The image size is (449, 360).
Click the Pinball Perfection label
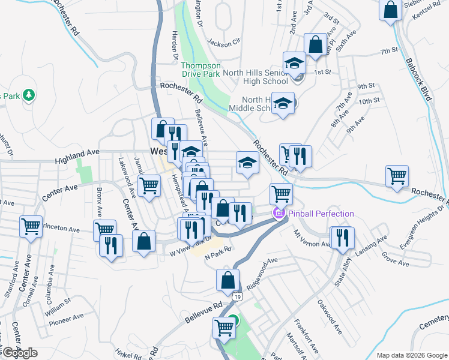click(x=321, y=214)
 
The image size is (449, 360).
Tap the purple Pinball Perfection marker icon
click(x=279, y=214)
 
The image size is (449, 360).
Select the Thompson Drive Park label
click(x=200, y=70)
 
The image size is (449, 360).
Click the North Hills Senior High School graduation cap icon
click(x=294, y=63)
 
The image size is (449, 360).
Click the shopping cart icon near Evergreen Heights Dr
click(x=397, y=176)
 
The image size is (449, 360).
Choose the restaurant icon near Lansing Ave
click(x=343, y=236)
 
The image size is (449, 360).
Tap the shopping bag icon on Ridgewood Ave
click(x=228, y=279)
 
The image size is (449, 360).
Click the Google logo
click(x=20, y=353)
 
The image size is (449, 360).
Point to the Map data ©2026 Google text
click(x=412, y=355)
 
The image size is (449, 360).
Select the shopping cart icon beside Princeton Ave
click(x=31, y=226)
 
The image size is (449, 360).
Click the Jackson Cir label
click(x=223, y=42)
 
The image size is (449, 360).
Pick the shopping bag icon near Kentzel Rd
click(x=390, y=10)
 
